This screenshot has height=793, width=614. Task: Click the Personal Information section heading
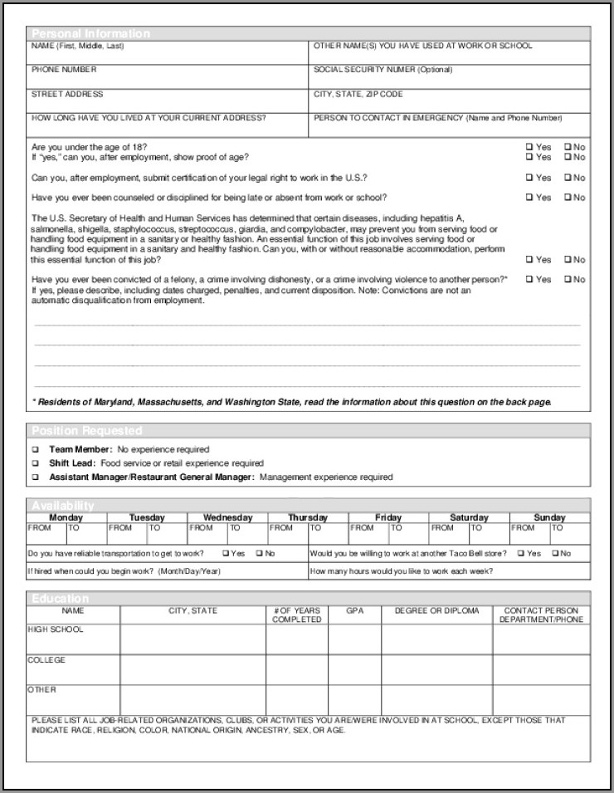90,34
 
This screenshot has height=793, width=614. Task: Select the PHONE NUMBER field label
64,70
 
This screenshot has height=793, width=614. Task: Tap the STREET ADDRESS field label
67,95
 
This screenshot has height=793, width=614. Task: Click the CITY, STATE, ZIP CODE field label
358,95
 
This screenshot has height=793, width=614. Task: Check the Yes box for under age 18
529,147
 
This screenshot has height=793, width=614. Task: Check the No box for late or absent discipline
568,198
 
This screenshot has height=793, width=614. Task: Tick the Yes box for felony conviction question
529,280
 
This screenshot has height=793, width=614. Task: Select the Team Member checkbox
36,449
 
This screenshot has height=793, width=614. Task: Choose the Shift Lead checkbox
36,463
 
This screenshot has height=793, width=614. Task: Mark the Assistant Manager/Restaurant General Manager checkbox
36,477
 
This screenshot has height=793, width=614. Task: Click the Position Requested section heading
86,431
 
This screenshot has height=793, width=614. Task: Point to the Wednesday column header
227,517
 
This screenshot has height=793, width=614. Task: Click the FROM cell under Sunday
524,527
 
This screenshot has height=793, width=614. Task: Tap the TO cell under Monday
74,527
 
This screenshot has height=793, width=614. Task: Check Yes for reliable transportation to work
226,553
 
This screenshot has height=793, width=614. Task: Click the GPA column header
354,611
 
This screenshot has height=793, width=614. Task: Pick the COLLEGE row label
46,660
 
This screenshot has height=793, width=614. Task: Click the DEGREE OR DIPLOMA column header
436,611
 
